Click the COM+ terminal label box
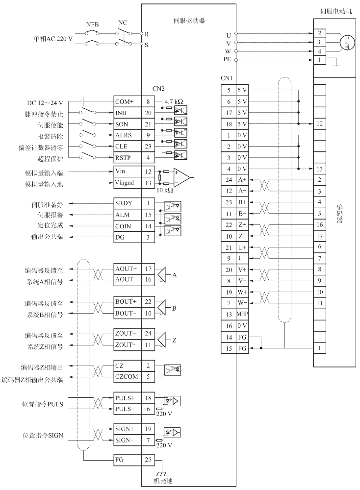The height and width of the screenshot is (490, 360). coord(128,101)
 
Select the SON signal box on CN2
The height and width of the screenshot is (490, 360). coord(128,124)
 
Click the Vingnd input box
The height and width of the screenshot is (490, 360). coord(128,183)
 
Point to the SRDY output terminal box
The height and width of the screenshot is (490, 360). coord(128,203)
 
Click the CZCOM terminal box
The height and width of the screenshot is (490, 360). coord(128,377)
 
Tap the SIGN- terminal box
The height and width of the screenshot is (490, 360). coord(128,441)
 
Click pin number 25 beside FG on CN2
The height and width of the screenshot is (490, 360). coord(148,460)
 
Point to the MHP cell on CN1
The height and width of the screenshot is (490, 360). coord(242,314)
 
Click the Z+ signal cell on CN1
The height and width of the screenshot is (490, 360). coord(242,225)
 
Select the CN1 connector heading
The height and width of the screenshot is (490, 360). coord(227,78)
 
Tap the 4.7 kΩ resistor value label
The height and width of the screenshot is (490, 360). coord(174,101)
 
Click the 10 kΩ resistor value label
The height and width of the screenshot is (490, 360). coord(165,190)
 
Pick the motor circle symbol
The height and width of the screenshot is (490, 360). coord(347,43)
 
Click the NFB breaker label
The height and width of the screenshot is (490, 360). coord(92,24)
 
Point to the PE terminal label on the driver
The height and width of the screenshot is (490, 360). coord(227,59)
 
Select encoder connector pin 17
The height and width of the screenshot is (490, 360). coord(319,236)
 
